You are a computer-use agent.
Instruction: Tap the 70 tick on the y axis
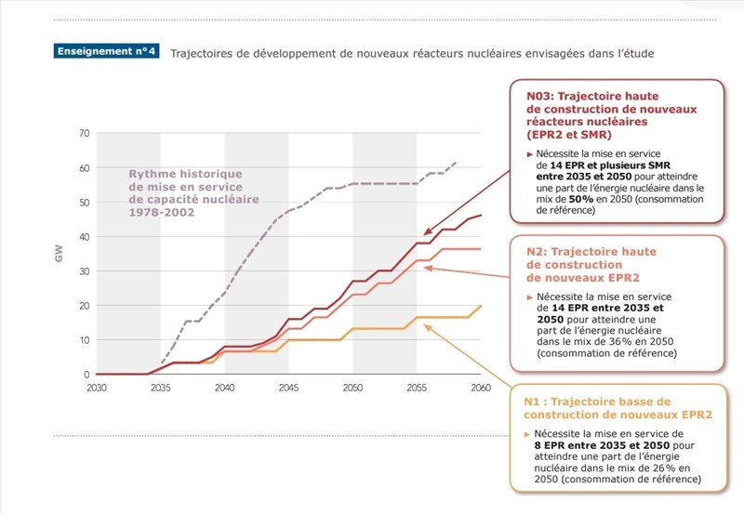[84, 134]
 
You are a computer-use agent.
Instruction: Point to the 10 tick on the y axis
[84, 340]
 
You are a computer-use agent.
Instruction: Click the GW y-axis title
[60, 254]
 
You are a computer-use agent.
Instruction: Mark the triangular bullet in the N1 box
[527, 434]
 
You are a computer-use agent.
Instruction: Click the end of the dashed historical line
[456, 163]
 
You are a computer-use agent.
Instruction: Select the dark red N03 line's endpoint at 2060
[481, 216]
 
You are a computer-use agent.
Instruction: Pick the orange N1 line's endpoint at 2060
[481, 306]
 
